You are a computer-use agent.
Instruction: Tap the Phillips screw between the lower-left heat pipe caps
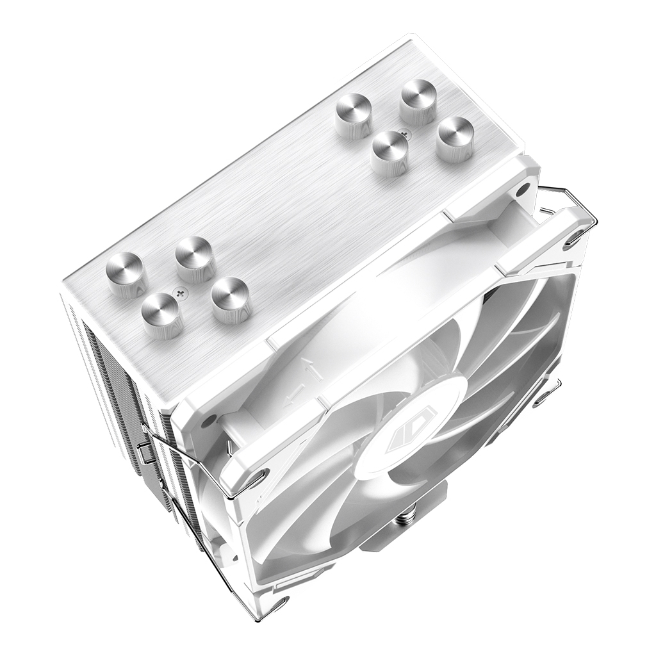[181, 294]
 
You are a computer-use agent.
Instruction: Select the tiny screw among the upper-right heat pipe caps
[404, 135]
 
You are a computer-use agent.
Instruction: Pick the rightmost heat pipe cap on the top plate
[455, 138]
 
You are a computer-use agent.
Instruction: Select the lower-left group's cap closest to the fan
[230, 299]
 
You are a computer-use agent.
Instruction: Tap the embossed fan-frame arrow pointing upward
[307, 368]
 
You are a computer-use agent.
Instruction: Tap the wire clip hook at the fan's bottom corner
[279, 605]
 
